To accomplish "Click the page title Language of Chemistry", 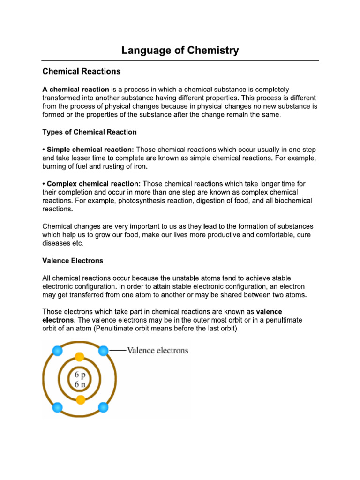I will point(180,50).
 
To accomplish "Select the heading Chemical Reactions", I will point(82,72).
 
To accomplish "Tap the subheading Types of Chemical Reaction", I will point(90,132).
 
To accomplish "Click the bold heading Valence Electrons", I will point(73,260).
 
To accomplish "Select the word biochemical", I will point(291,201).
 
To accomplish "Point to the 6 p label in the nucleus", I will point(80,375).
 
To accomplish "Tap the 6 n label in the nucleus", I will point(80,385).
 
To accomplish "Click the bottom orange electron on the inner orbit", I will point(80,400).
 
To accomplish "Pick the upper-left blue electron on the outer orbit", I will point(57,351).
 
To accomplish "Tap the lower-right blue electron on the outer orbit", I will point(104,406).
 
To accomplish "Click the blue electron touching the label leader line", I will point(104,351).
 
